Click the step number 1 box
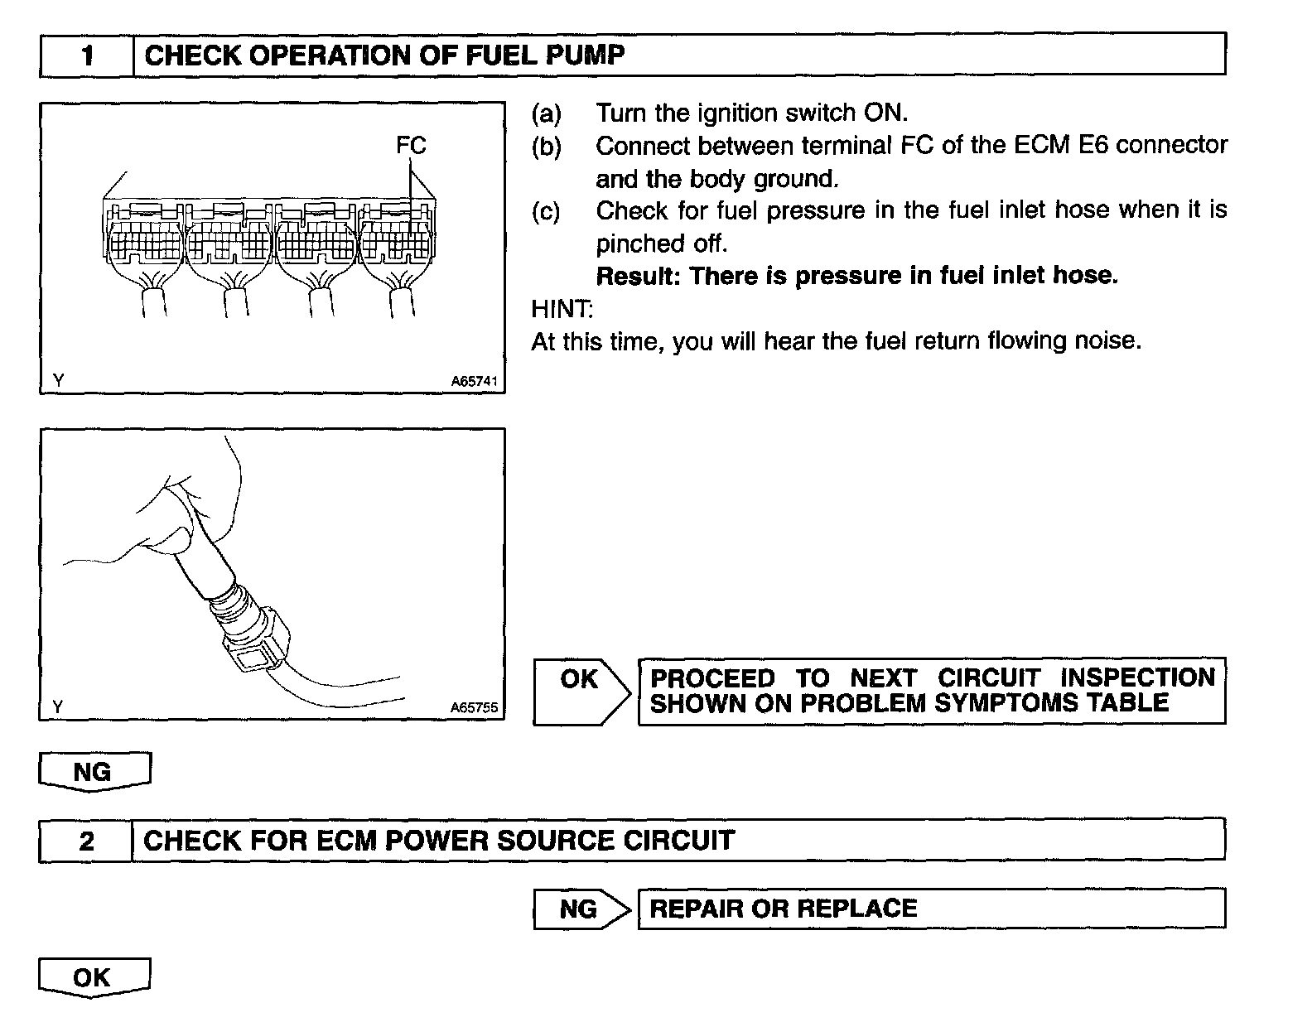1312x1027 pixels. coord(87,55)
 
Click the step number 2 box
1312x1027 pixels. coord(86,841)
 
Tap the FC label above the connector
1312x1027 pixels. coord(410,146)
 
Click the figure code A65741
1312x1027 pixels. coord(474,382)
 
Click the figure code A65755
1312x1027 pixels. coord(474,708)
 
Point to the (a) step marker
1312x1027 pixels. coord(546,113)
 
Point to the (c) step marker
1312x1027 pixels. coord(546,211)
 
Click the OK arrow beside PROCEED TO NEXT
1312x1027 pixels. coord(580,691)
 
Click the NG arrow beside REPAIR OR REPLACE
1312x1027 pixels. coord(580,909)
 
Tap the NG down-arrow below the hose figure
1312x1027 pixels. coord(94,772)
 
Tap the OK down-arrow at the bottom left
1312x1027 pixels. coord(94,977)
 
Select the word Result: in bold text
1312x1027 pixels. coord(638,276)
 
